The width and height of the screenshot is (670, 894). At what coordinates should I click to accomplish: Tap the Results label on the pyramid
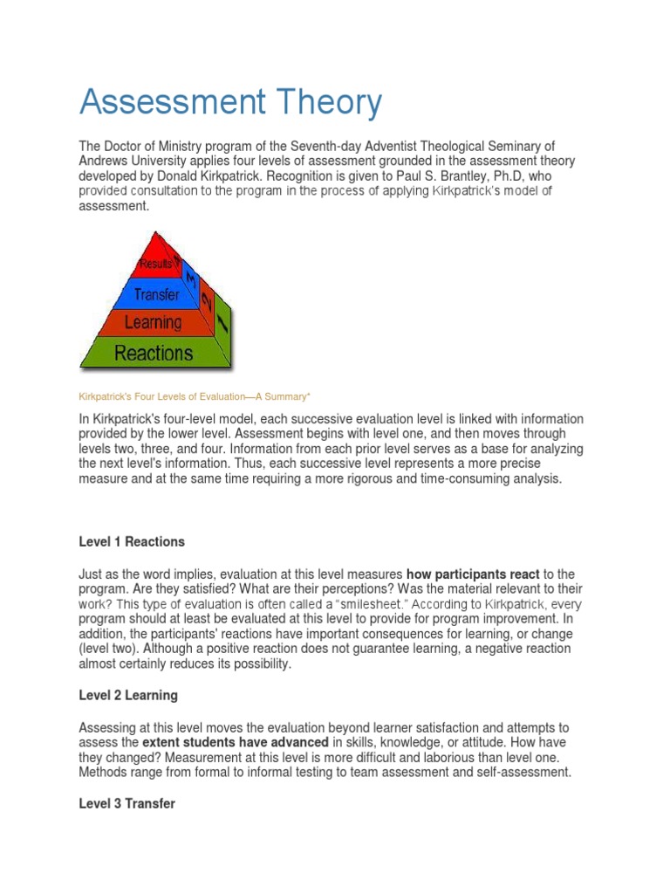pos(154,263)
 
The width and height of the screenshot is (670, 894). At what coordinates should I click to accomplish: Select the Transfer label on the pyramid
pos(157,294)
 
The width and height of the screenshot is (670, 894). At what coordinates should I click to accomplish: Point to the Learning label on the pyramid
pos(154,323)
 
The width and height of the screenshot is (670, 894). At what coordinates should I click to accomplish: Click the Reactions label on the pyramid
pos(154,354)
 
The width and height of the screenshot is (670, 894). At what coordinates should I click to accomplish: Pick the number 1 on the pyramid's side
pos(222,327)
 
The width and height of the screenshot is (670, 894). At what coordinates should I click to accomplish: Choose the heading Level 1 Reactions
pos(132,542)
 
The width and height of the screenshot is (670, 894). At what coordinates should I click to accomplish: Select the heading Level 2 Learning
pos(128,696)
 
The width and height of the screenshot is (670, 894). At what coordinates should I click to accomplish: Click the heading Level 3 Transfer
pos(127,803)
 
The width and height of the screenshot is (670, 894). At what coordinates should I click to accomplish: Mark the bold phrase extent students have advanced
pos(236,742)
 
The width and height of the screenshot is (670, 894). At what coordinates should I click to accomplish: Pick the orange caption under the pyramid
pos(189,396)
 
